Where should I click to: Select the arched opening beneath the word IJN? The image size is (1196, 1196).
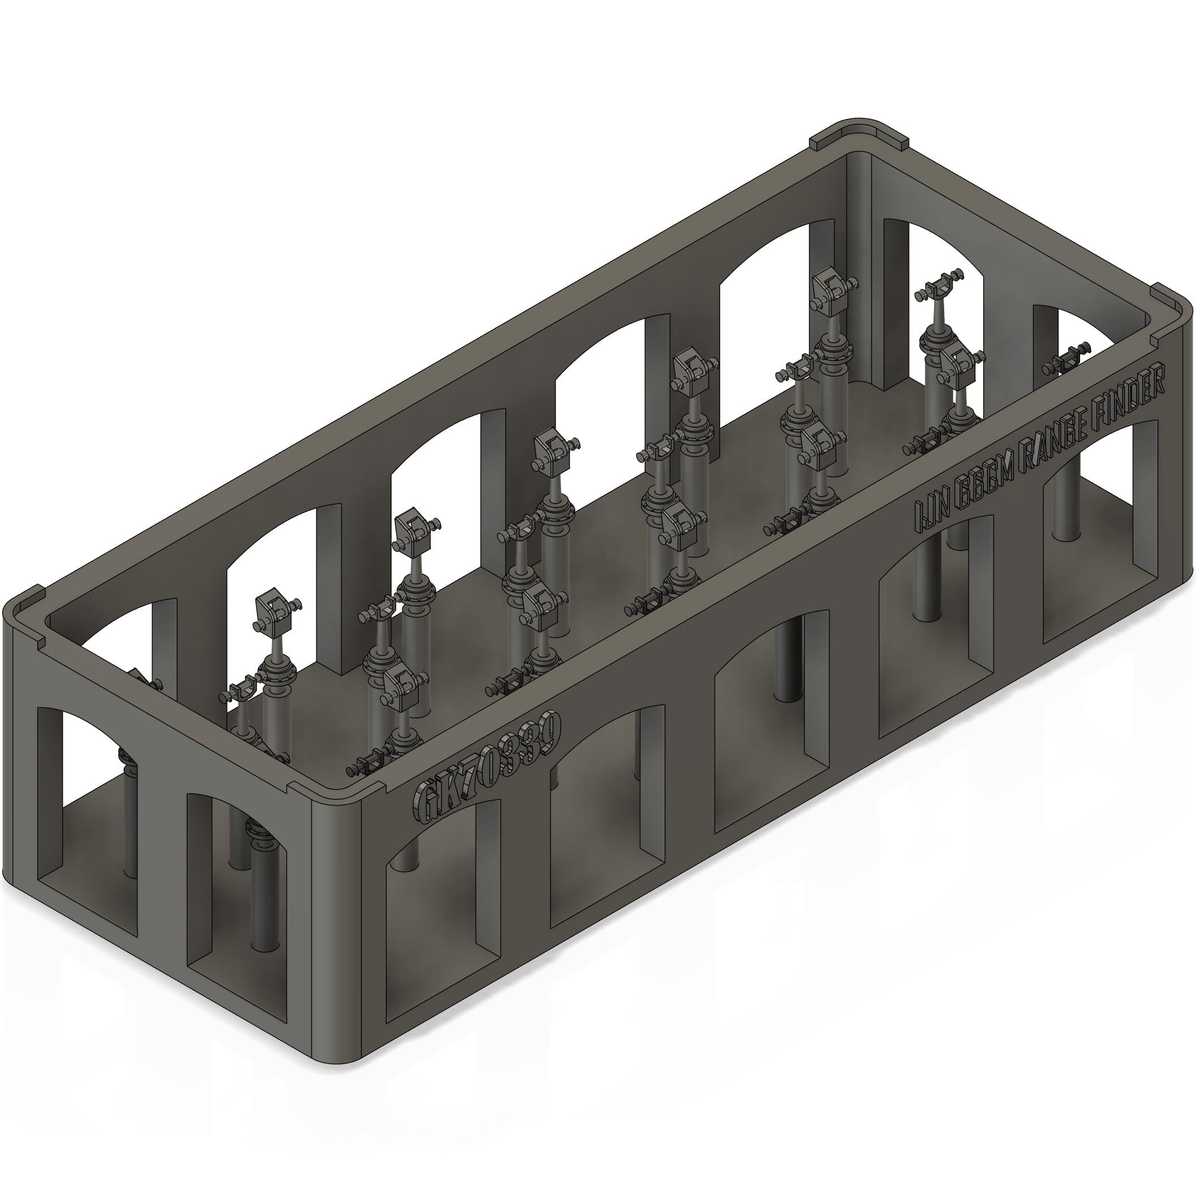(x=935, y=625)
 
